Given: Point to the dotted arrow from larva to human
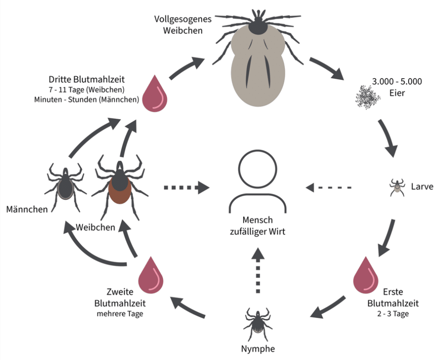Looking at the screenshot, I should pyautogui.click(x=329, y=188).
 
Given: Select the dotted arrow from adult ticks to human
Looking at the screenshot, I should pyautogui.click(x=186, y=188).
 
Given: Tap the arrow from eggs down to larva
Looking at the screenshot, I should pyautogui.click(x=388, y=136).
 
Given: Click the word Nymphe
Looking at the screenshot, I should pyautogui.click(x=258, y=349).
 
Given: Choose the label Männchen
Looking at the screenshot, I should pyautogui.click(x=27, y=210).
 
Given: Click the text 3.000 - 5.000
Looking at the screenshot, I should pyautogui.click(x=396, y=82).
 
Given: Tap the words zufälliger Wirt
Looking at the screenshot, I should pyautogui.click(x=258, y=232).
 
